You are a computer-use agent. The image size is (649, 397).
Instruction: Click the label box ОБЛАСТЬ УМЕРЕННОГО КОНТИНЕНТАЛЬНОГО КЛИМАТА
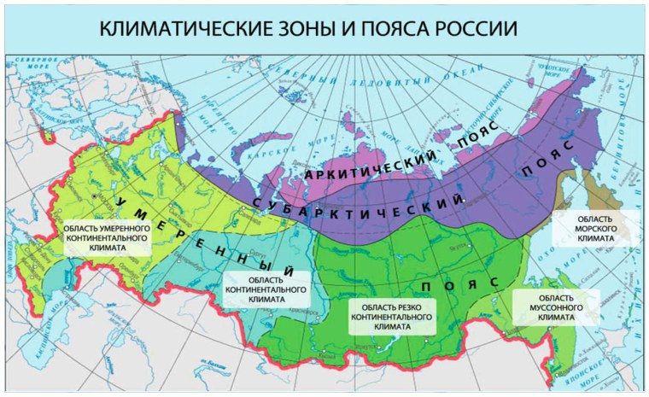point(106,239)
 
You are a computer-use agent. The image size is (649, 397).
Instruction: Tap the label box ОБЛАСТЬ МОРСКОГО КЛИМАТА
point(595,228)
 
